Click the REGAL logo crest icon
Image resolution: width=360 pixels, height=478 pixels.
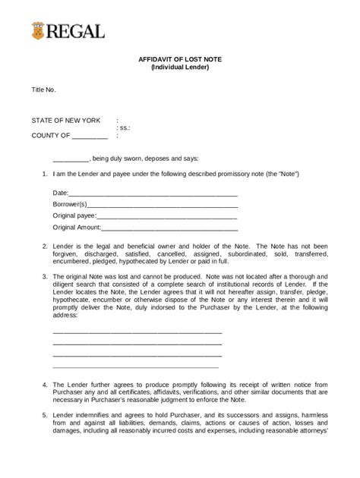coord(38,31)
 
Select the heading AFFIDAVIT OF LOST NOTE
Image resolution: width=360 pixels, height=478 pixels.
coord(179,59)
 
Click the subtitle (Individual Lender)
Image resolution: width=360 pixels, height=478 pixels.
coord(179,68)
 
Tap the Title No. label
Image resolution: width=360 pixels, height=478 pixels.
coord(43,90)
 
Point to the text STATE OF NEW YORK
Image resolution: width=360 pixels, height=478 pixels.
coord(65,121)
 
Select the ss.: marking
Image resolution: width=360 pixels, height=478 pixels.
coord(123,128)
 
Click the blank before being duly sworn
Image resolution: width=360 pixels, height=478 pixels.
coord(71,159)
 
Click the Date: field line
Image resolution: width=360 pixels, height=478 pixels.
coord(153,193)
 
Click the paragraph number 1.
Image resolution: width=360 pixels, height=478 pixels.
coord(44,174)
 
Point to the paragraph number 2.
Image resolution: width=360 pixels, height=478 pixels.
coord(44,247)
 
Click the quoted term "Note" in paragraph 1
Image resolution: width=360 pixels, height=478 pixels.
coord(289,174)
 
